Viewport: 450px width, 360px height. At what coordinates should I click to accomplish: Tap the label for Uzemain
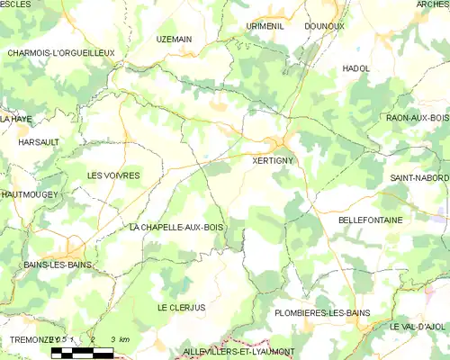pyautogui.click(x=175, y=40)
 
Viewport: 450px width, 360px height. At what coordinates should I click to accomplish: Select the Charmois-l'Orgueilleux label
pyautogui.click(x=60, y=53)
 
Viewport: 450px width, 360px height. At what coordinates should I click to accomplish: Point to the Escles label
pyautogui.click(x=15, y=4)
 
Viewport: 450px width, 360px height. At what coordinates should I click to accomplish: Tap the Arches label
pyautogui.click(x=433, y=4)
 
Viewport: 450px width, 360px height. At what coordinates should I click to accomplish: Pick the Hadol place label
pyautogui.click(x=356, y=68)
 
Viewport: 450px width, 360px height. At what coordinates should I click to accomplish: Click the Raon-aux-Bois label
pyautogui.click(x=417, y=118)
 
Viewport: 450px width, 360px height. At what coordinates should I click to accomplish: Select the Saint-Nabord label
pyautogui.click(x=419, y=178)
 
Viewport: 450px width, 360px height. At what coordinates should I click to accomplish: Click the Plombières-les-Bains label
pyautogui.click(x=322, y=313)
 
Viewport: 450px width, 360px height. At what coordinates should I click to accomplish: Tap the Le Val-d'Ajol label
pyautogui.click(x=419, y=326)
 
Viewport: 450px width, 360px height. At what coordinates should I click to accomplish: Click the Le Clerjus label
pyautogui.click(x=181, y=308)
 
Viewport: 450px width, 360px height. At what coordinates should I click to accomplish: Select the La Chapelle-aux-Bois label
pyautogui.click(x=175, y=228)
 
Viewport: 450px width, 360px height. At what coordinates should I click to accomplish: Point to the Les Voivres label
pyautogui.click(x=112, y=175)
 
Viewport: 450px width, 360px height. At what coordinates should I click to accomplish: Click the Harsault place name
pyautogui.click(x=39, y=142)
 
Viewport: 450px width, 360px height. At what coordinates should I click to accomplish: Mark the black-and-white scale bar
pyautogui.click(x=82, y=352)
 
